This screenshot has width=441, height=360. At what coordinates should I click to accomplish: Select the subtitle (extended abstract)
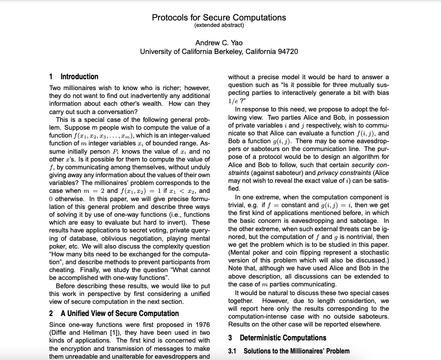coord(219,25)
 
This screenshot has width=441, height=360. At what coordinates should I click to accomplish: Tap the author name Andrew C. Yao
coord(219,43)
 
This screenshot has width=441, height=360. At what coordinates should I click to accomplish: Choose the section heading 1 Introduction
coord(74,77)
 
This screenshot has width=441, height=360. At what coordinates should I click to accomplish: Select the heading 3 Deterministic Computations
coord(277,338)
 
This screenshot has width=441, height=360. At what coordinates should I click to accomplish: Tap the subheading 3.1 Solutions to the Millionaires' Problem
coord(289,351)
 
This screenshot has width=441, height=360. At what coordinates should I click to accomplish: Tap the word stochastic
coord(373,252)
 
